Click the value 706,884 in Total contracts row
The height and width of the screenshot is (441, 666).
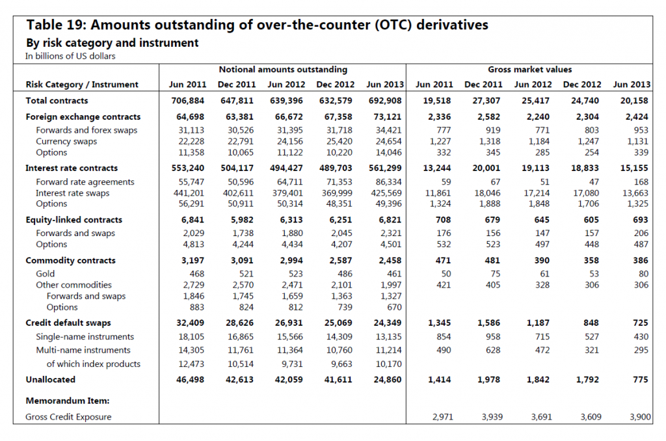coord(188,101)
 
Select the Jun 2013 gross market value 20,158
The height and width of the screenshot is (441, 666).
coord(634,101)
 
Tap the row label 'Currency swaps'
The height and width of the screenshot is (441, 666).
coord(66,142)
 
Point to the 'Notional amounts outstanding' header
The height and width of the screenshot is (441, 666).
coord(283,69)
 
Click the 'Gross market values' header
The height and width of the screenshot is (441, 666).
coord(529,69)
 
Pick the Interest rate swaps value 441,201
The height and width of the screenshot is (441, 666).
coord(189,193)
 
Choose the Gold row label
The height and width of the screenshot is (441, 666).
coord(46,274)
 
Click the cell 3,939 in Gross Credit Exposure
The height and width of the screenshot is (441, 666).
coord(492,417)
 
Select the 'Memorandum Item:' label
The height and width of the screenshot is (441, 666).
coord(68,401)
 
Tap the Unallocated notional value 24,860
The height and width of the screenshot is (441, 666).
coord(388,380)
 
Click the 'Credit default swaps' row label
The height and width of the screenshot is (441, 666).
coord(68,323)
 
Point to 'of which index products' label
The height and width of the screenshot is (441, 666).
coord(94,364)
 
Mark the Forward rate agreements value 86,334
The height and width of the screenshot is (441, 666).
coord(389,182)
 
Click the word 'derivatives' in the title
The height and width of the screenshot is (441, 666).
coord(453,25)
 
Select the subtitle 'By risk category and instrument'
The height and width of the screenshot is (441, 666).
coord(113,43)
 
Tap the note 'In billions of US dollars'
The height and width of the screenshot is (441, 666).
coord(70,56)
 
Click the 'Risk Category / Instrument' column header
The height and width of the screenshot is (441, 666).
coord(82,85)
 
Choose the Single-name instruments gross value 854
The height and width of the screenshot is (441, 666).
coord(444,337)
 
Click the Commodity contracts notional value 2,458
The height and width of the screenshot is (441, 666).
coord(390,260)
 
